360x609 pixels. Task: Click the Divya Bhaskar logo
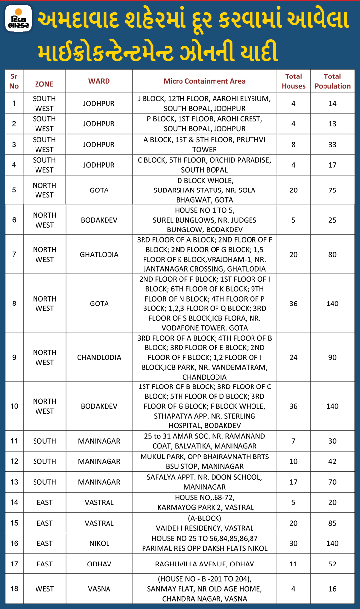tap(20, 19)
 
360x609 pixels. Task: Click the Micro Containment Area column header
tap(204, 81)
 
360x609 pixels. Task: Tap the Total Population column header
tap(332, 81)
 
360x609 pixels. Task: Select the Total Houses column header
tap(293, 81)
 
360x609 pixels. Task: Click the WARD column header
tap(99, 81)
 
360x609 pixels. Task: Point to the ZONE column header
tap(44, 84)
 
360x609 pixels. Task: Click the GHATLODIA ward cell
tap(99, 255)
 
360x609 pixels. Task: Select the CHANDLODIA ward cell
tap(99, 357)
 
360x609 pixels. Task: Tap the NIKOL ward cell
tap(99, 543)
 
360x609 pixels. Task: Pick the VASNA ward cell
tap(99, 589)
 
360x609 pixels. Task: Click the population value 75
tap(332, 190)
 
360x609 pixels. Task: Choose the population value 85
tap(332, 523)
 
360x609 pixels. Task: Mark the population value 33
tap(332, 145)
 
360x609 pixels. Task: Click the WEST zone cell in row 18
tap(44, 589)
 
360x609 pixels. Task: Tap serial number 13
tap(14, 482)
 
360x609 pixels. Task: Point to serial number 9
tap(14, 357)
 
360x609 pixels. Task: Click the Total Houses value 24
tap(293, 357)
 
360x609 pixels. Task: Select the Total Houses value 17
tap(293, 482)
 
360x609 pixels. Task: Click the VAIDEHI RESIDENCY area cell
tap(204, 523)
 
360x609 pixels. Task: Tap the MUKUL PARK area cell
tap(204, 461)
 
